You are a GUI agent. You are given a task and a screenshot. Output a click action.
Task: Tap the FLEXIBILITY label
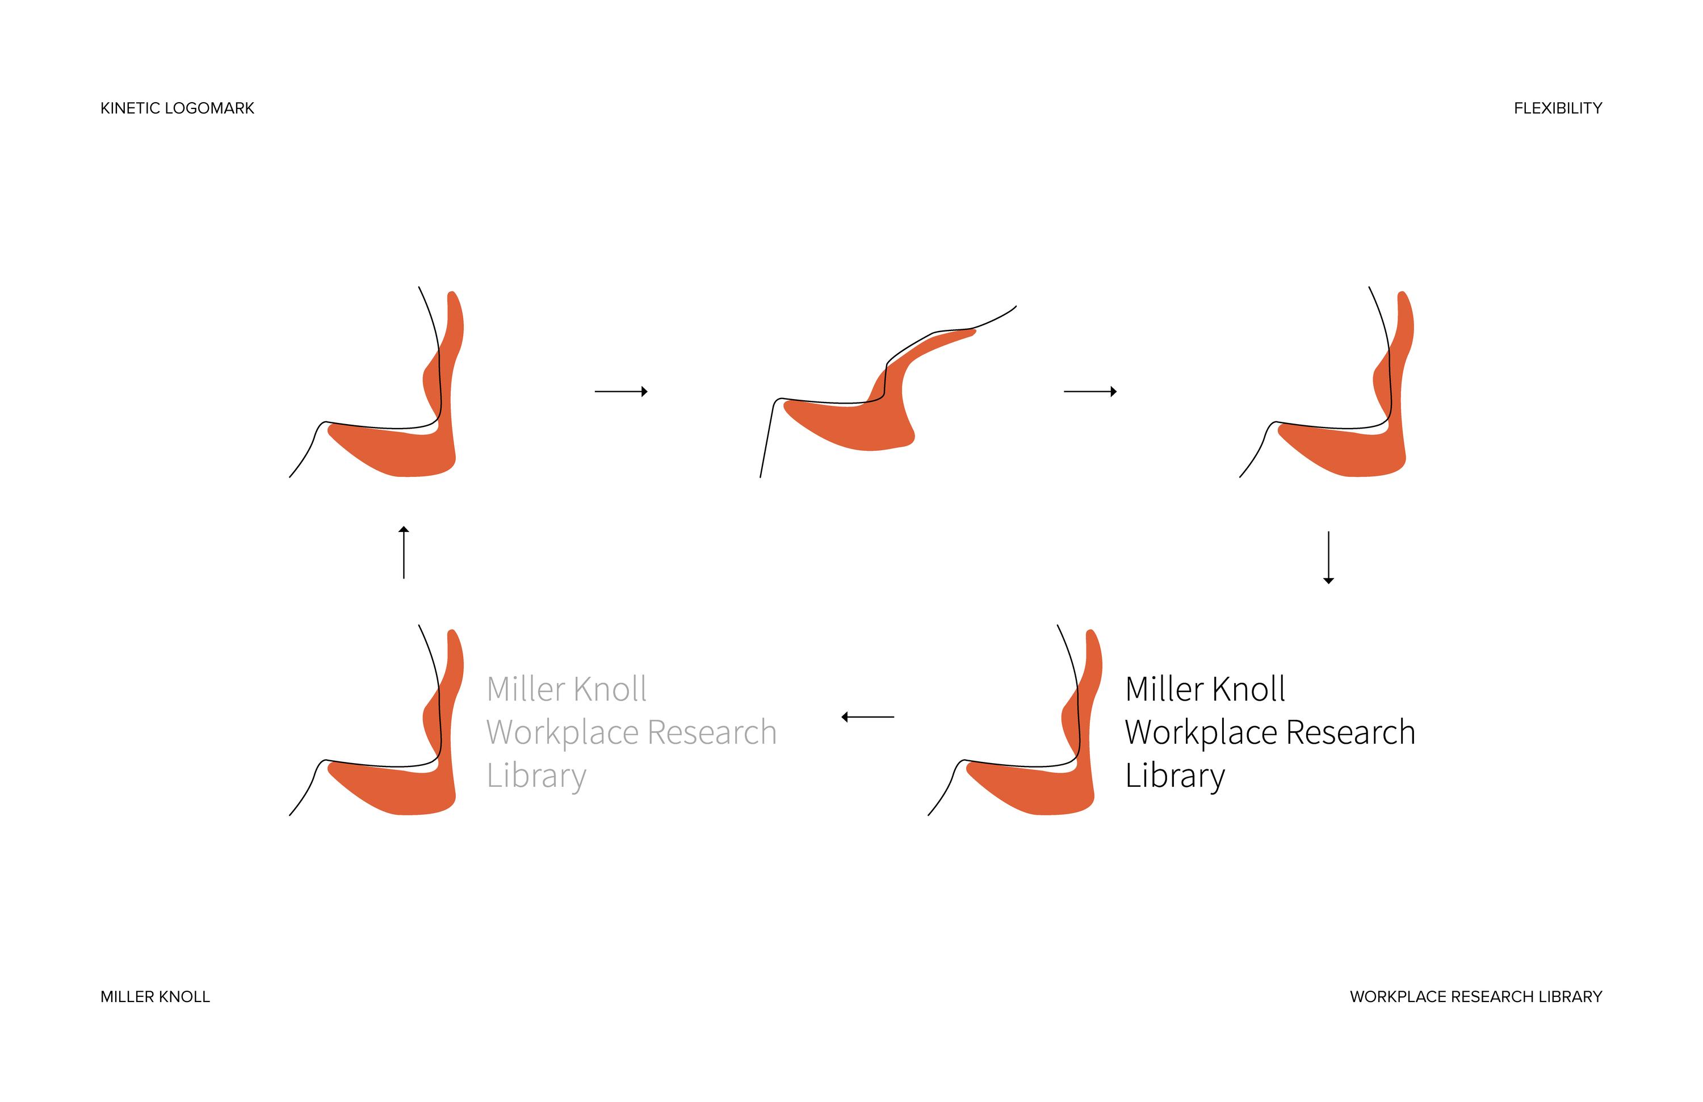(1557, 108)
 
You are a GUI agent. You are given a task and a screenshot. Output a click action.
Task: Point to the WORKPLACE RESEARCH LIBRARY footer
(1475, 997)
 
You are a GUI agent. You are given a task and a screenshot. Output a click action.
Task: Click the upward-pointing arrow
(404, 552)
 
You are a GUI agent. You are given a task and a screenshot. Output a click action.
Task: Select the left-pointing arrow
(867, 716)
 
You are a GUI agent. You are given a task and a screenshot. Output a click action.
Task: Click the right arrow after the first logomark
(621, 391)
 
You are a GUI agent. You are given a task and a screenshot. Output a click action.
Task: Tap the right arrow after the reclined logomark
(1090, 391)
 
